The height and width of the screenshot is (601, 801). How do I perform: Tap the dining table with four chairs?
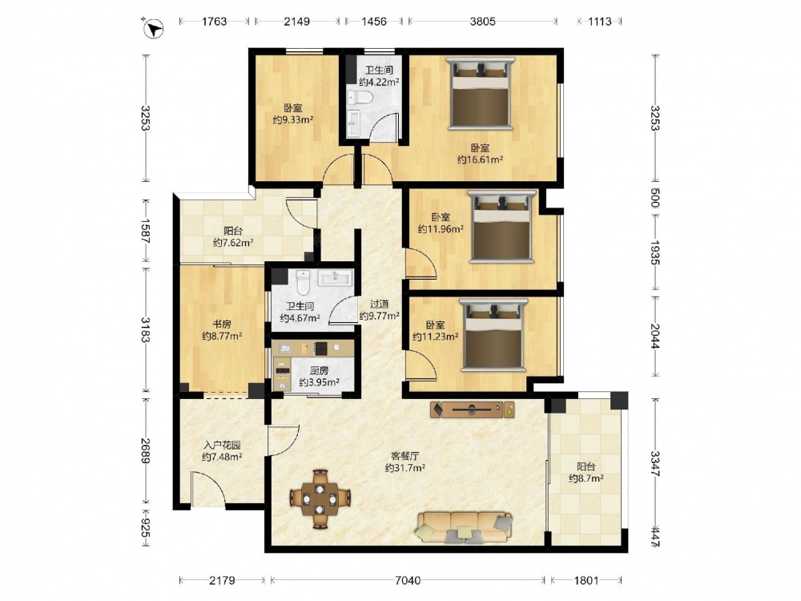[x=320, y=498]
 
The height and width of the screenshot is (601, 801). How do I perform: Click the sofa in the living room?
[x=465, y=527]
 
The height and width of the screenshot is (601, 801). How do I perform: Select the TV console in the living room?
[x=473, y=409]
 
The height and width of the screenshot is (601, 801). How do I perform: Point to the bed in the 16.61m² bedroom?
[x=480, y=93]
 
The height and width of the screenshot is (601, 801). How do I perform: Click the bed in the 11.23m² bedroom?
[x=494, y=335]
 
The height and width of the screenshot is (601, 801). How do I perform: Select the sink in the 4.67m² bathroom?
[x=335, y=278]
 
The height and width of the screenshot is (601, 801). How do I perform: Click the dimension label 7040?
[x=409, y=580]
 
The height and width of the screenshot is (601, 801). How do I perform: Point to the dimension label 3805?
[x=483, y=22]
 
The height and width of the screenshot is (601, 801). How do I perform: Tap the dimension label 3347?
[x=655, y=463]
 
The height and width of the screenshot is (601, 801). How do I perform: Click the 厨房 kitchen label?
[x=320, y=370]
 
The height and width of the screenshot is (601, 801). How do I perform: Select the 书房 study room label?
[x=222, y=324]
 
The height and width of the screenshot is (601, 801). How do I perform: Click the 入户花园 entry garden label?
[x=222, y=445]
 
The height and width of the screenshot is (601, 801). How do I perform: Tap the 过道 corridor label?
[x=379, y=305]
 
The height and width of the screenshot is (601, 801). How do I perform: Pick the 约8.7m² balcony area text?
[x=586, y=478]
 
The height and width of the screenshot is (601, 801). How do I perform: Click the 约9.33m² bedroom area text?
[x=292, y=119]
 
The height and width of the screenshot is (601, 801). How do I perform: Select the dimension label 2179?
[x=222, y=580]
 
